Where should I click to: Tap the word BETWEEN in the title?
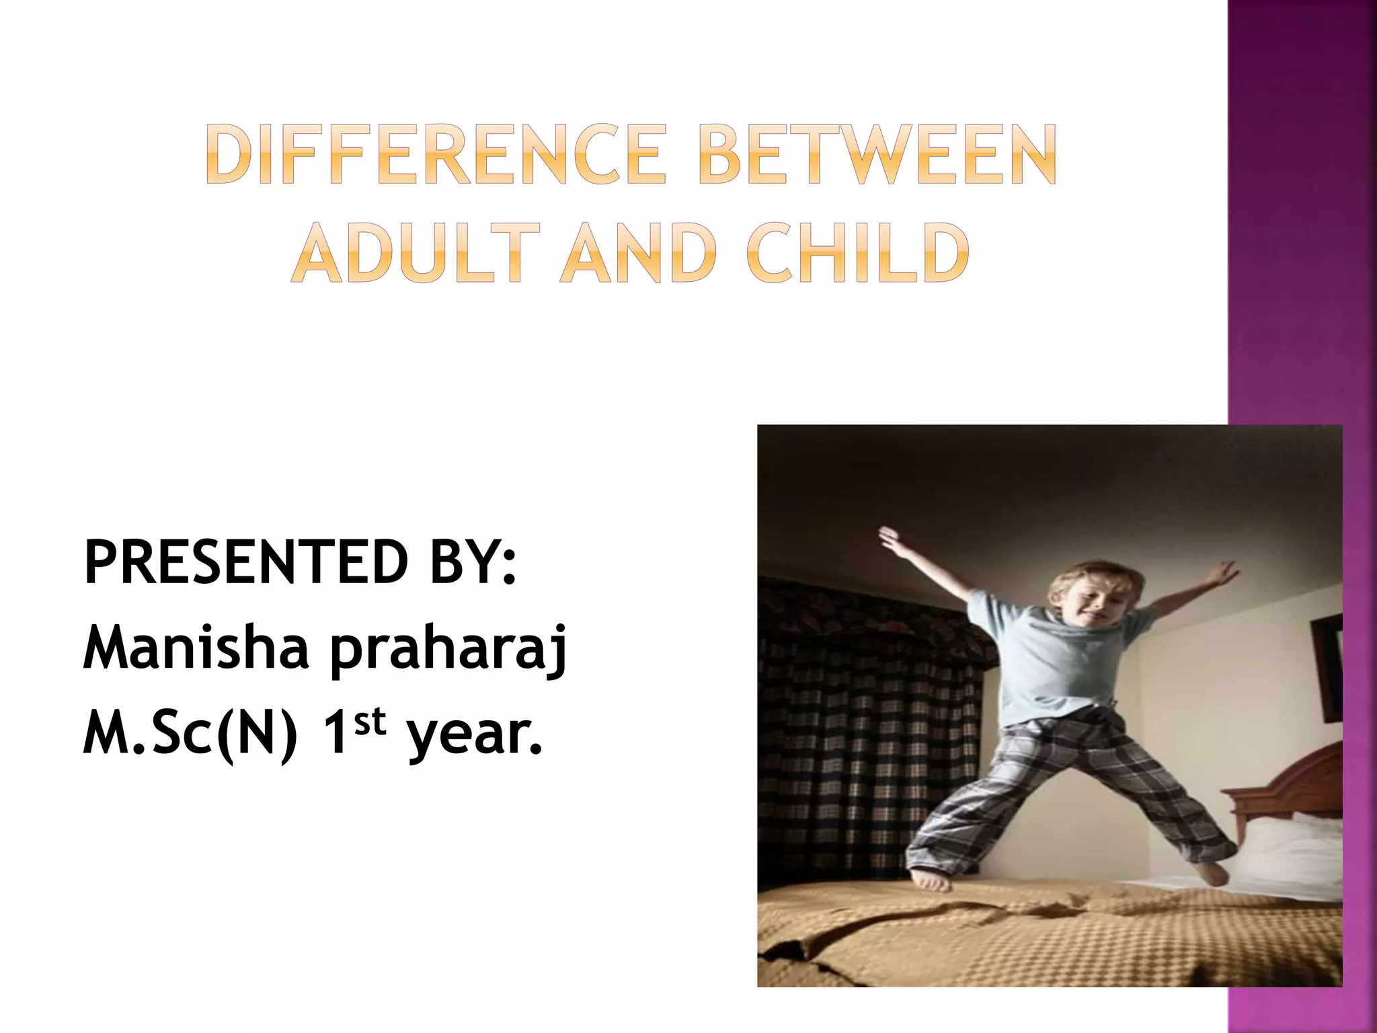pos(877,155)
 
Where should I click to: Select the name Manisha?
pos(196,647)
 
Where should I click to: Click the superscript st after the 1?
pos(370,721)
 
